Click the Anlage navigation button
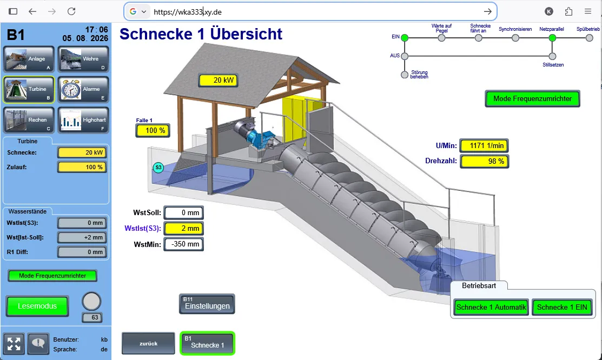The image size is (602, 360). pos(29,59)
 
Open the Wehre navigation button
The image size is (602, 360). pos(83,59)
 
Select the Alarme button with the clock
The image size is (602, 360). pos(83,89)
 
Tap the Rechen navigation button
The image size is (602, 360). pos(29,120)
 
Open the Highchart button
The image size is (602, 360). pos(83,120)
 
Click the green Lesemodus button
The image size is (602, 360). pos(37,306)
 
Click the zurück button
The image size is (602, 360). pos(148,343)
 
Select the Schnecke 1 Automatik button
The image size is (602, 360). pos(491,307)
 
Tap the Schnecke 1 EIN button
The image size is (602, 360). pos(562,307)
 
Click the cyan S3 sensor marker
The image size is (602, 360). pos(158,168)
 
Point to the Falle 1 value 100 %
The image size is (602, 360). pos(153,130)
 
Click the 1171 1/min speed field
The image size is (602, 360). pos(484,145)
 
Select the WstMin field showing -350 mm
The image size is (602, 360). pos(184,244)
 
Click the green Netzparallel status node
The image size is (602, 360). pos(552,38)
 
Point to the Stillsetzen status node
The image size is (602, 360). pos(552,56)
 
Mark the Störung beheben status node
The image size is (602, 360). pos(404,75)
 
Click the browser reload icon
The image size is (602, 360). pos(71,11)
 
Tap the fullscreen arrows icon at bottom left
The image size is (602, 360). pos(14,343)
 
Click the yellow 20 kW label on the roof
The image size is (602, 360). pos(218,80)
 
